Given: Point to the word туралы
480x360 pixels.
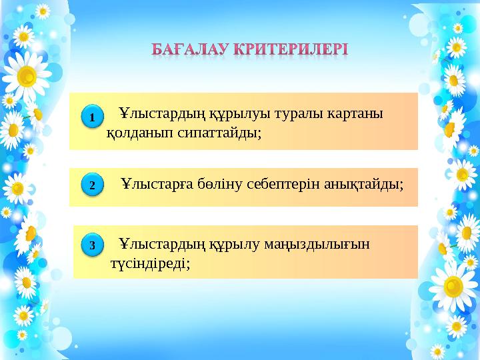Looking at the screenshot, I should (303, 113).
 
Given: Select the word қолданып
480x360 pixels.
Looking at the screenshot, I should (138, 132).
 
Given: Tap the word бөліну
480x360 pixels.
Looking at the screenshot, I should (217, 182).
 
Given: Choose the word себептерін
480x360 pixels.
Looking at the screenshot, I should (278, 182).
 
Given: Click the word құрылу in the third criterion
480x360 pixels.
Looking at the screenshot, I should (241, 244).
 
